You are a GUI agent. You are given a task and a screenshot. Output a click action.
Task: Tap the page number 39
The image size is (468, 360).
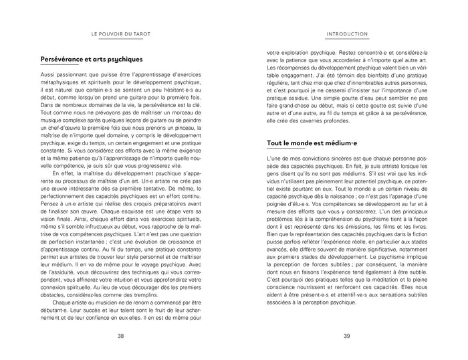click(x=347, y=336)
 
